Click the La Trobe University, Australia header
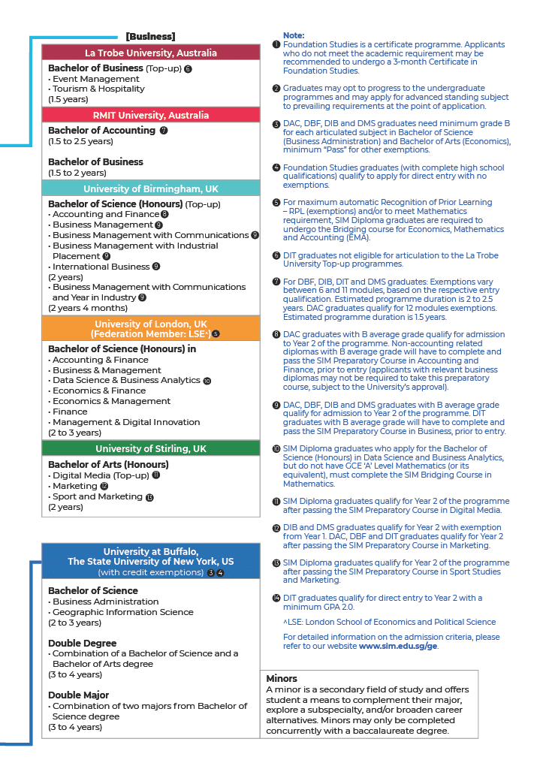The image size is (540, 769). coord(150,53)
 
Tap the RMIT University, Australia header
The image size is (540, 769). coord(150,115)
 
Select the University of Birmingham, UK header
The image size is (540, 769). coord(150,188)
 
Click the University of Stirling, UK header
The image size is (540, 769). coord(150,448)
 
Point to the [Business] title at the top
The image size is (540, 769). coord(150,36)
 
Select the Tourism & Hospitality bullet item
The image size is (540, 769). coord(98,89)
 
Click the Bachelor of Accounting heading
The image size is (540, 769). coord(101,131)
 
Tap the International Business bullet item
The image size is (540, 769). coord(101,267)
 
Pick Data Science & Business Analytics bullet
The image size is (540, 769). coord(126,381)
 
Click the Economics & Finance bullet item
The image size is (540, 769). coord(99,391)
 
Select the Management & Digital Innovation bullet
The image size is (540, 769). coord(126,422)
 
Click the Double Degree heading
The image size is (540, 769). coord(83,643)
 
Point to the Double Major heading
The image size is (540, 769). coord(79,695)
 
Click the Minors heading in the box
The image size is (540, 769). coord(282,679)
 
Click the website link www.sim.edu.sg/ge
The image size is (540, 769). coord(398,646)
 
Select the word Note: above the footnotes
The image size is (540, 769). coord(294,35)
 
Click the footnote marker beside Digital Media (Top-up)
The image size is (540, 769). coord(156,475)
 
